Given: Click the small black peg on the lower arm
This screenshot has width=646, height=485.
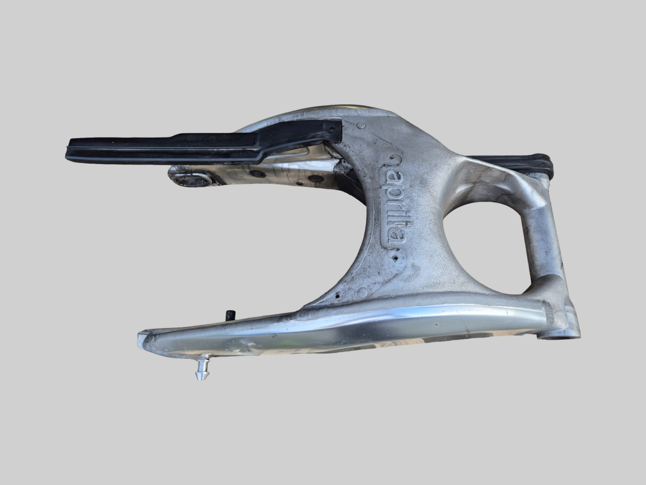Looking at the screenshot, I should (231, 315).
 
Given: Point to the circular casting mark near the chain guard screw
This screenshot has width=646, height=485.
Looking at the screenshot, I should (361, 127).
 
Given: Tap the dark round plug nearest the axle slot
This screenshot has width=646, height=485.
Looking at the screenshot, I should (255, 174).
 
